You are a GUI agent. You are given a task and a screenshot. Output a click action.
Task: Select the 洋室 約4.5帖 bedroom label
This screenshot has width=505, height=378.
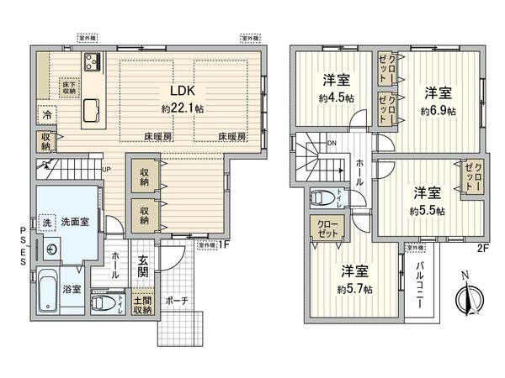pos(337,81)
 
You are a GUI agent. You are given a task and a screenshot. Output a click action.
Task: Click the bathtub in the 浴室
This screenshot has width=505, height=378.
pos(46,291)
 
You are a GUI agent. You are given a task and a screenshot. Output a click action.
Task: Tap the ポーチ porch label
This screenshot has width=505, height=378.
pos(177,300)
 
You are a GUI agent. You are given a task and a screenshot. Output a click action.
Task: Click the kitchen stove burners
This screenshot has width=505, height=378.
pos(92,62)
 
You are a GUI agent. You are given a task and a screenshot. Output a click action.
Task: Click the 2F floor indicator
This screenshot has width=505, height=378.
pos(483,247)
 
